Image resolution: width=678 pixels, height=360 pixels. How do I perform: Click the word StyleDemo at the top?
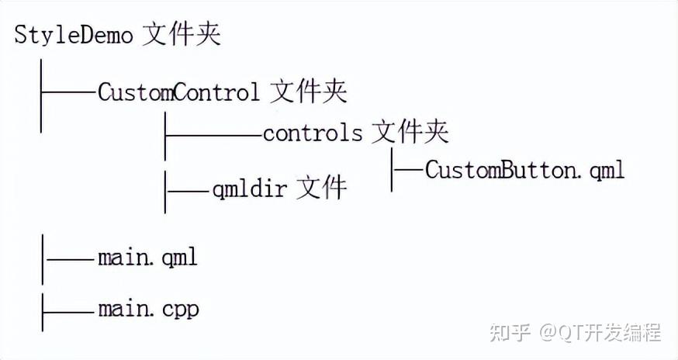(74, 36)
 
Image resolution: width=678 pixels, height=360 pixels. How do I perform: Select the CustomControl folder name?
(178, 92)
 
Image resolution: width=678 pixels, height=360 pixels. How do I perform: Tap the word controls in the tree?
(312, 133)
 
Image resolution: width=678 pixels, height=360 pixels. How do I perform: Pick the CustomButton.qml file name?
(524, 170)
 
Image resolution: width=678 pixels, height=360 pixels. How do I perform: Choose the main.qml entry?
(147, 257)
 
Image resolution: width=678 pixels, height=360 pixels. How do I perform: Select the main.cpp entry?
(148, 310)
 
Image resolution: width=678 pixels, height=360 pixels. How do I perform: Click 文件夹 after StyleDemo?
(181, 36)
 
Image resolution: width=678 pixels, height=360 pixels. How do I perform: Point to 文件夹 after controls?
(410, 133)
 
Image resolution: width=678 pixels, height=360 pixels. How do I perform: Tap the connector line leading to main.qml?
(70, 258)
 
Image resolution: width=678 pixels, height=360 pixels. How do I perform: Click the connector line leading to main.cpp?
(70, 310)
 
